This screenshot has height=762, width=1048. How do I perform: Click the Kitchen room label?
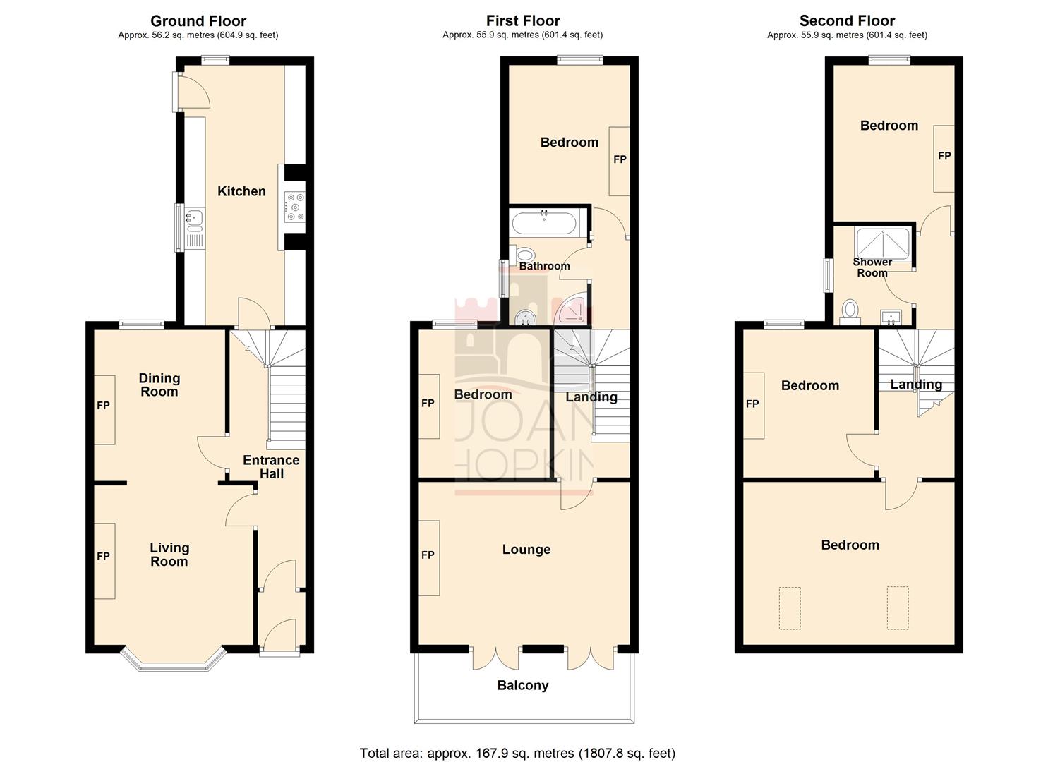[x=241, y=191]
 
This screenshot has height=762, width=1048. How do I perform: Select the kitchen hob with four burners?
[x=294, y=207]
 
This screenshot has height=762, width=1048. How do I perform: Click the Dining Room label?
[x=159, y=385]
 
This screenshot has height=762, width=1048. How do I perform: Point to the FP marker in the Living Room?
[x=104, y=557]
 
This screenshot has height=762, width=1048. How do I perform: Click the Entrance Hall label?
[x=271, y=467]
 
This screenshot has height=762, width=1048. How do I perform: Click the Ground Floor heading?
[x=198, y=21]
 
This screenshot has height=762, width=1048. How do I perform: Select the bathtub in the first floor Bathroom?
[x=544, y=224]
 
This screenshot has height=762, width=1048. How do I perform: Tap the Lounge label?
[x=526, y=550]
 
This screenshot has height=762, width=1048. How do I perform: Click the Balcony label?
[x=523, y=686]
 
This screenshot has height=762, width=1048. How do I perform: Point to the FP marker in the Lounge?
[x=428, y=555]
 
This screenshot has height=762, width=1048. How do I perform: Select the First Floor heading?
[x=523, y=21]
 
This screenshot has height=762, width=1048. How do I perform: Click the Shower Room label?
[x=872, y=267]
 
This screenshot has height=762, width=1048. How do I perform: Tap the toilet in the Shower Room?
[x=850, y=310]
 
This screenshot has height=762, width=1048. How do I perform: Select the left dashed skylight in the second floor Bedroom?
[x=790, y=607]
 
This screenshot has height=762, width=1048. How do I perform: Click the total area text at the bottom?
[x=517, y=753]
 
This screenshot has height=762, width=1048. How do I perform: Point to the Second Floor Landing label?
[x=916, y=385]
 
